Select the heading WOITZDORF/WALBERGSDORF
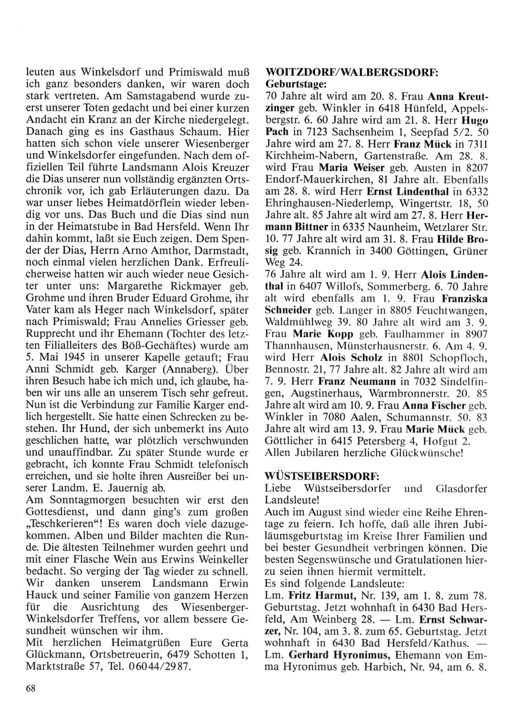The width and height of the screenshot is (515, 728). [x=351, y=73]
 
